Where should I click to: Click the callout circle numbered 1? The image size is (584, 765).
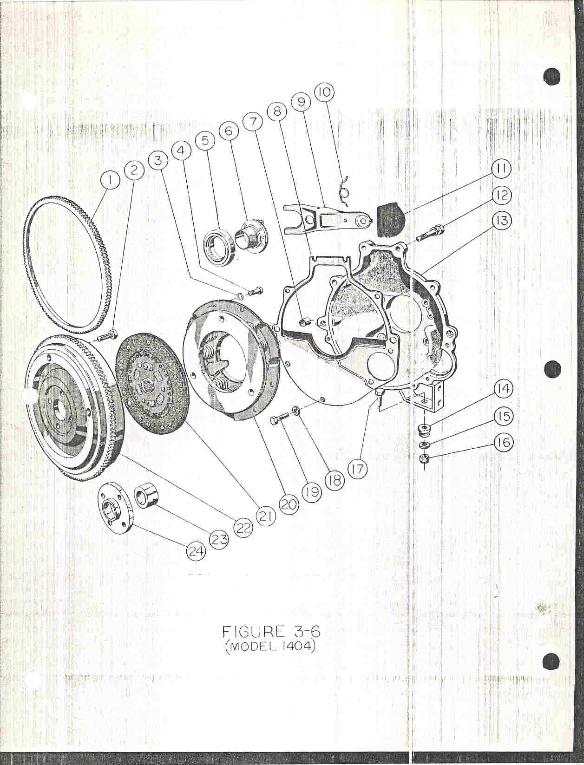(x=110, y=180)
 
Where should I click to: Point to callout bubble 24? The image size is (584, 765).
(x=196, y=552)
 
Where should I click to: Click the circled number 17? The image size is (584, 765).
(x=357, y=470)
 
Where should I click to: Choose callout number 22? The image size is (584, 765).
(x=243, y=529)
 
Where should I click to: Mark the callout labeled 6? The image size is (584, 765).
(x=229, y=131)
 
